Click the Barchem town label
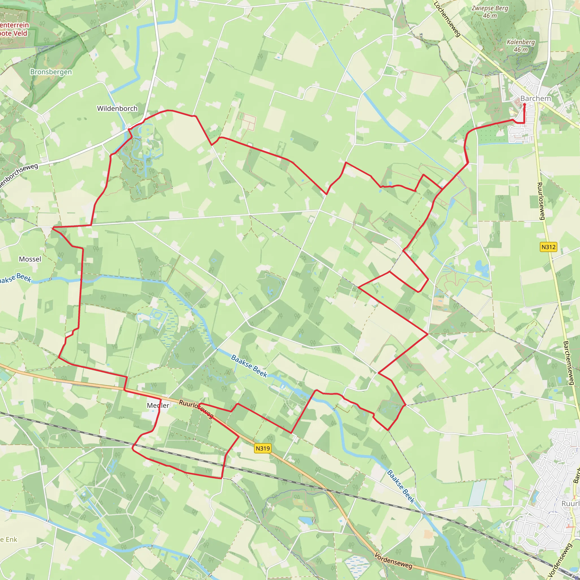[536, 99]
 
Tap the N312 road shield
[548, 247]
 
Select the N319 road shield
[263, 449]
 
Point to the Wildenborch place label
[117, 108]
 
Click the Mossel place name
[30, 259]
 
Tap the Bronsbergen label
[51, 72]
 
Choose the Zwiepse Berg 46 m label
[490, 12]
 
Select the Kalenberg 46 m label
[521, 46]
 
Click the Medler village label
[158, 406]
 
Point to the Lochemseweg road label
[447, 19]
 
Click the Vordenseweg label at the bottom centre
[393, 560]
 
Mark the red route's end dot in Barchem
[524, 105]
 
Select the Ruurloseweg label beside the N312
[540, 201]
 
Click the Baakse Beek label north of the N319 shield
[249, 366]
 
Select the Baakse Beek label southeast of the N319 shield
[401, 487]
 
